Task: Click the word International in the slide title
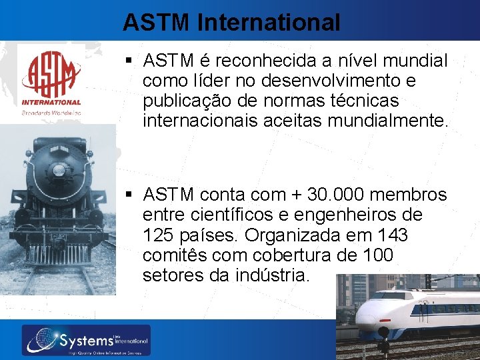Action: pos(269,23)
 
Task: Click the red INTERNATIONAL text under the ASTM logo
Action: pos(51,103)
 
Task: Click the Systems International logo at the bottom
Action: pos(86,341)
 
